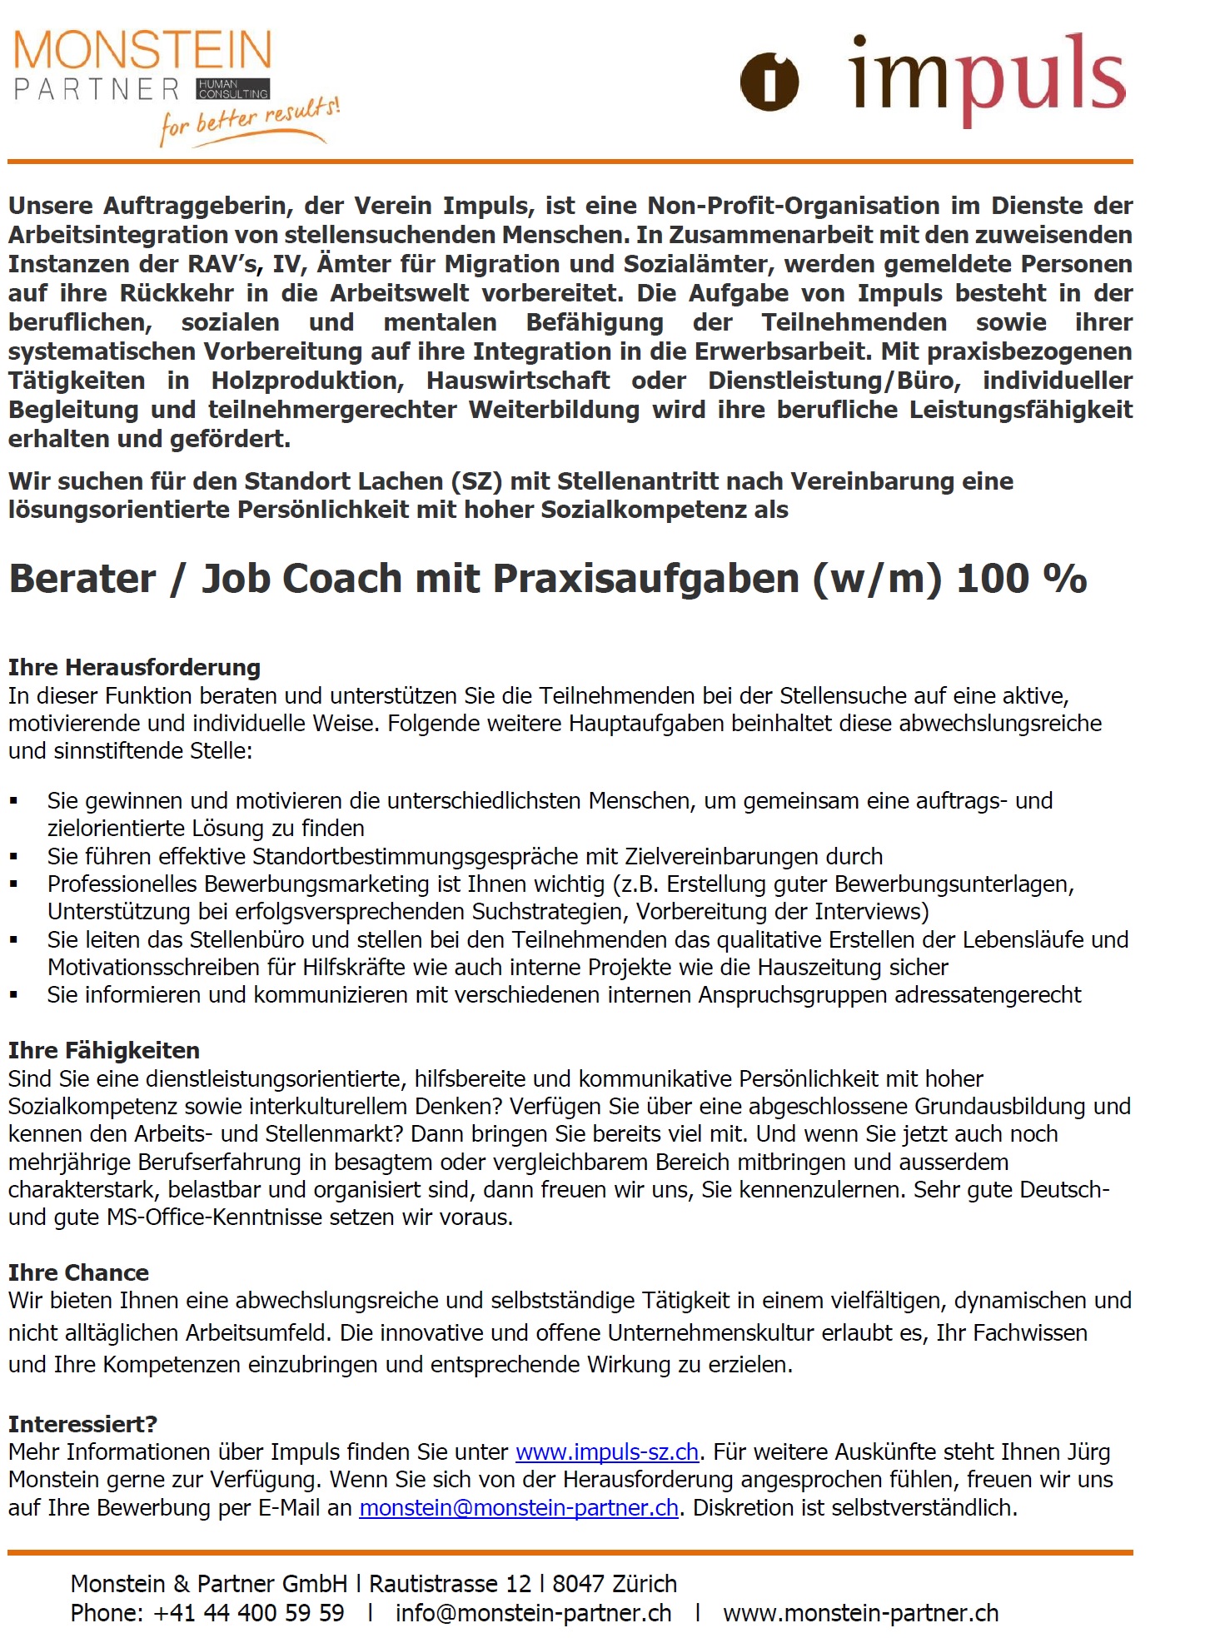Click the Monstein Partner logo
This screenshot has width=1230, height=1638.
(142, 67)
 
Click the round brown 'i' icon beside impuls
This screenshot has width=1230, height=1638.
(769, 82)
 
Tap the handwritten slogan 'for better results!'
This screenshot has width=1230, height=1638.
(250, 121)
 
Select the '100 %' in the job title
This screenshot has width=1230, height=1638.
(1022, 579)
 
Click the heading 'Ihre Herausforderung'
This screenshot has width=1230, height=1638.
(134, 667)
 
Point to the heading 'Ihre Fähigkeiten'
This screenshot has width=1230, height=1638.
(104, 1050)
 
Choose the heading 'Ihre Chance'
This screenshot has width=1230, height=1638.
(78, 1272)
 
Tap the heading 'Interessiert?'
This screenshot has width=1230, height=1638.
(82, 1424)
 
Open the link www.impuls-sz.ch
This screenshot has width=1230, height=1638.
(607, 1452)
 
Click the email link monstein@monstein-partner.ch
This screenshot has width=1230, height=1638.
(519, 1508)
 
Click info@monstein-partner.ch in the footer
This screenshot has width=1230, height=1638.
(533, 1613)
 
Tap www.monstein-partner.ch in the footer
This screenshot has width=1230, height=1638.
(860, 1613)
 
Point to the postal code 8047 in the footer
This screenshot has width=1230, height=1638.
(580, 1584)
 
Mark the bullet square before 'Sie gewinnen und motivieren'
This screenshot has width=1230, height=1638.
(13, 801)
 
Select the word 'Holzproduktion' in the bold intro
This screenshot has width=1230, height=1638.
(307, 381)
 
